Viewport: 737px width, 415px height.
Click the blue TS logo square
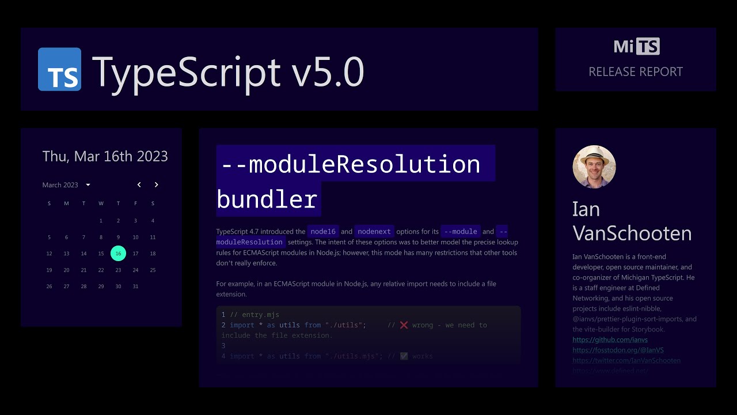(x=59, y=69)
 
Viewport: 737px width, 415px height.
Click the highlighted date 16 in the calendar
(x=118, y=254)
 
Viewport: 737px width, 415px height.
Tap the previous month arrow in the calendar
(x=139, y=185)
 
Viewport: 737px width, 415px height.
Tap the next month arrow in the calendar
(x=156, y=185)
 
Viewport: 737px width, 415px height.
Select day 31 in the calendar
(x=135, y=286)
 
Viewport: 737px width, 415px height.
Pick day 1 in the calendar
(x=101, y=221)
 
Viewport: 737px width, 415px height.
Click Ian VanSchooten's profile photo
(x=594, y=167)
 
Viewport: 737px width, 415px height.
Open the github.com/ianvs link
(x=602, y=340)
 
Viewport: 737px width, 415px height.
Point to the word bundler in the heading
(x=267, y=199)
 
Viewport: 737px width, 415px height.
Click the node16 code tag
(x=322, y=232)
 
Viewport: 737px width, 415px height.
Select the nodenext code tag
(x=374, y=232)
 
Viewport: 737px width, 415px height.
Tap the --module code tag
(x=461, y=232)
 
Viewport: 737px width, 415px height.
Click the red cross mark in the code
(x=404, y=325)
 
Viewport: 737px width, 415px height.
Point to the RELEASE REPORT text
(x=636, y=72)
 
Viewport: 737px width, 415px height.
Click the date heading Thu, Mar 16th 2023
(x=105, y=156)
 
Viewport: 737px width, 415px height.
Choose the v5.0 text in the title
(x=328, y=72)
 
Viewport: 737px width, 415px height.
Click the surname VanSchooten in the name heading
(x=632, y=233)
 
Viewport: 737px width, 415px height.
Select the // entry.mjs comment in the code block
(x=254, y=315)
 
